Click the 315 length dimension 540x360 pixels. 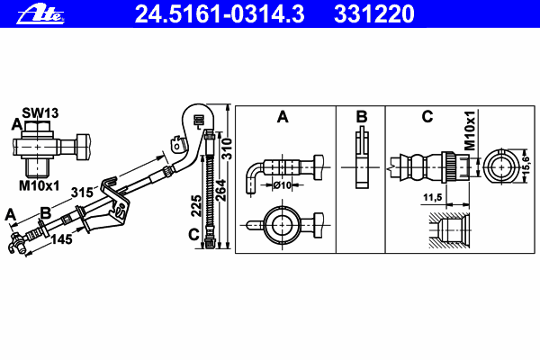click(83, 192)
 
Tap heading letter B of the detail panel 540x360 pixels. click(361, 117)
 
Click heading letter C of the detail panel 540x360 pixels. click(427, 117)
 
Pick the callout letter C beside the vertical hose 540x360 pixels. click(194, 236)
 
